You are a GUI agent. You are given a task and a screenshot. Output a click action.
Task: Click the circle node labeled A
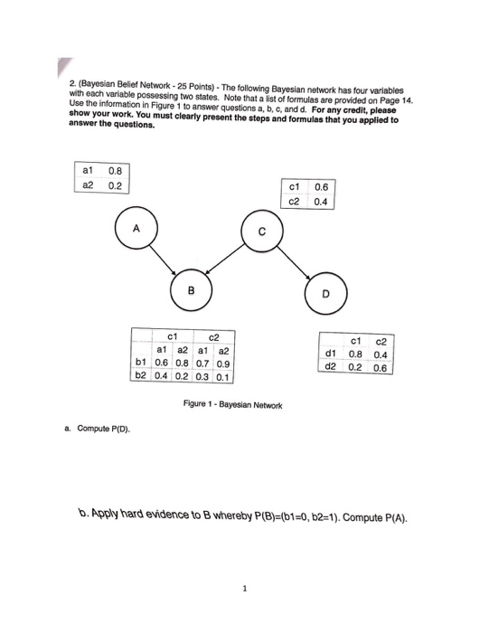click(135, 230)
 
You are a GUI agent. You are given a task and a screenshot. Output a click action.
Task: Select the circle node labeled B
click(191, 291)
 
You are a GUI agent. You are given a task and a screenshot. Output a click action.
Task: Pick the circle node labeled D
click(326, 294)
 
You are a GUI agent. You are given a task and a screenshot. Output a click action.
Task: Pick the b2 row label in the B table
click(140, 375)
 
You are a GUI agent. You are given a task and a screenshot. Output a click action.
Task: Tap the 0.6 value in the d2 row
click(381, 368)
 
